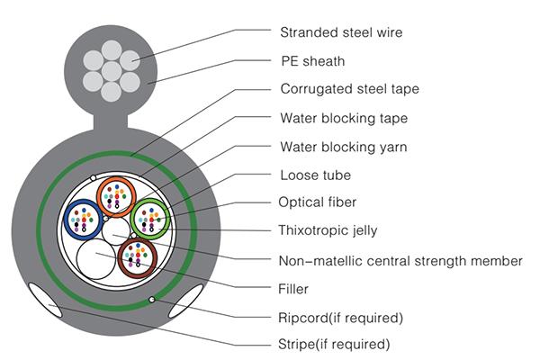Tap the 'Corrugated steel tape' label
pos(349,89)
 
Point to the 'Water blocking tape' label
pos(343,118)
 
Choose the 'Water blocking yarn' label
pos(343,146)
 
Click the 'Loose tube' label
pos(315,175)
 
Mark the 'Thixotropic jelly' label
pos(328,230)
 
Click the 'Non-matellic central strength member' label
pos(400,261)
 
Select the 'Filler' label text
pos(294,289)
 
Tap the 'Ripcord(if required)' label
pos(340,317)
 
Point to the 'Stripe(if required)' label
pos(334,344)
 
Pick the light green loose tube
pos(149,219)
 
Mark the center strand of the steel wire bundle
pos(112,68)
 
